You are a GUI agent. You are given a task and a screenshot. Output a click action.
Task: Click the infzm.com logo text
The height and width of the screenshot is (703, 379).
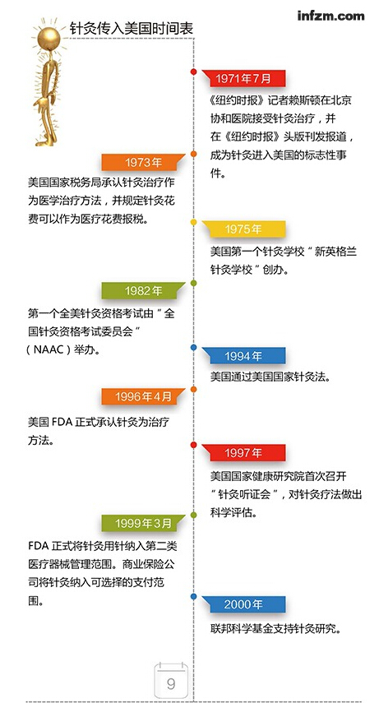pyautogui.click(x=330, y=16)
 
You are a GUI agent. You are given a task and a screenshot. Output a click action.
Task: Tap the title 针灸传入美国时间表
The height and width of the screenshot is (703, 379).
pyautogui.click(x=132, y=29)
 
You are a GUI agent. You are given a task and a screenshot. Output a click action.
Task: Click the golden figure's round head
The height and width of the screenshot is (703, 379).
pyautogui.click(x=48, y=37)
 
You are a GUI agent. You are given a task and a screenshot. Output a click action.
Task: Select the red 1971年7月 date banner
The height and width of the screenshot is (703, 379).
pyautogui.click(x=243, y=78)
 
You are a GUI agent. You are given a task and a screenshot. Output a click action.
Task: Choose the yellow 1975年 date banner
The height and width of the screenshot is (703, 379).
pyautogui.click(x=243, y=229)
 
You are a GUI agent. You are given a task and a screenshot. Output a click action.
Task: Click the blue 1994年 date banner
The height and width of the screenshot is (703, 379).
pyautogui.click(x=243, y=355)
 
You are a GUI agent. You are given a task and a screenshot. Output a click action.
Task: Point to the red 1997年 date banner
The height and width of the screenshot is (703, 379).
pyautogui.click(x=243, y=452)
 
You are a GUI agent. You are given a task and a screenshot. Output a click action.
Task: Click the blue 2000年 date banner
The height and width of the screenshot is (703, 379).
pyautogui.click(x=243, y=604)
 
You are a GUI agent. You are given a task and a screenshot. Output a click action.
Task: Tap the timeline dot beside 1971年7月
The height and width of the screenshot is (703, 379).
pyautogui.click(x=194, y=72)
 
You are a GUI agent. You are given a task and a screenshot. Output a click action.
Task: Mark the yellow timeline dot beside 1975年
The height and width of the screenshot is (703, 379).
pyautogui.click(x=194, y=222)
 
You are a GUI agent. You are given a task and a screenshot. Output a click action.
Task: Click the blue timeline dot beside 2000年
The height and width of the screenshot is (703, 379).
pyautogui.click(x=194, y=597)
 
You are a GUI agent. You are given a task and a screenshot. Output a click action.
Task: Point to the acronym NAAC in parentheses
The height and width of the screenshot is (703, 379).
pyautogui.click(x=47, y=350)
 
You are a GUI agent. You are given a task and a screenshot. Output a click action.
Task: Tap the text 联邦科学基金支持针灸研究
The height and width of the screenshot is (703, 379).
pyautogui.click(x=276, y=628)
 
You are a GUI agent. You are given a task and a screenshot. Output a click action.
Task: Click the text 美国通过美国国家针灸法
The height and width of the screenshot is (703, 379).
pyautogui.click(x=270, y=377)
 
